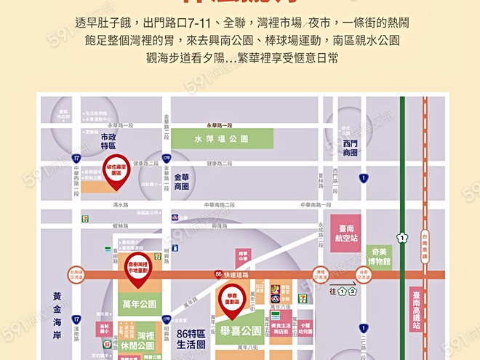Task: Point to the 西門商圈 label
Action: click(351, 148)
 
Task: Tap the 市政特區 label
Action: click(108, 141)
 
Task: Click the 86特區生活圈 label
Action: click(191, 338)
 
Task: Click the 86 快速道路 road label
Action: click(233, 274)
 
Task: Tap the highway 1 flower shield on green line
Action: click(401, 237)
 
